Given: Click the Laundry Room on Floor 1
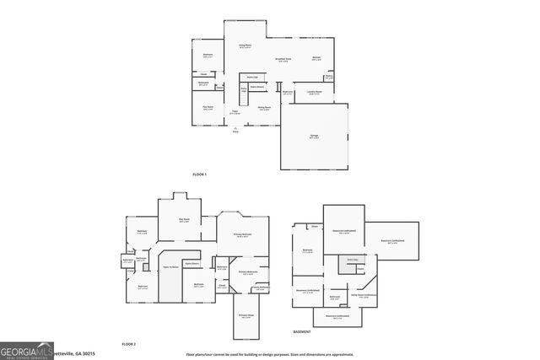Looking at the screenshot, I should (x=315, y=93).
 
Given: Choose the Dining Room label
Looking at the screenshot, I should (x=264, y=108).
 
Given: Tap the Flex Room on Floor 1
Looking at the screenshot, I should (x=208, y=107).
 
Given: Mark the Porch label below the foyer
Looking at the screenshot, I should (x=235, y=131).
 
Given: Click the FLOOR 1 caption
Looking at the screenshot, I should (x=199, y=175).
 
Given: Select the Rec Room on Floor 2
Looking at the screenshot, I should (x=184, y=221).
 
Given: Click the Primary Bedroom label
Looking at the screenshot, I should (x=242, y=236).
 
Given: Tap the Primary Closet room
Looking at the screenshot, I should (x=249, y=317).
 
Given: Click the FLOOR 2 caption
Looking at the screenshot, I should (x=128, y=345).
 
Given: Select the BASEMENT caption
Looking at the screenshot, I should (x=302, y=333).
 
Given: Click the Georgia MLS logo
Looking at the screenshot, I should (x=25, y=351).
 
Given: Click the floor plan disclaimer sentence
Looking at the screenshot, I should (x=269, y=354).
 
